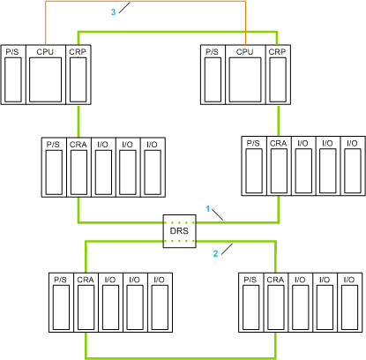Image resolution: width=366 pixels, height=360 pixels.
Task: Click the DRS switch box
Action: pyautogui.click(x=179, y=231)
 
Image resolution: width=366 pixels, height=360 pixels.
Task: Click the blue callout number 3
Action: pyautogui.click(x=113, y=12)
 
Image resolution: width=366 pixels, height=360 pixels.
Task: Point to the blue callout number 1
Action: pyautogui.click(x=208, y=209)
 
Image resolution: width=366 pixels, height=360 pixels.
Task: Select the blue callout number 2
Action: pyautogui.click(x=215, y=253)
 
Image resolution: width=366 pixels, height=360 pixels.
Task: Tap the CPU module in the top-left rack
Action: pyautogui.click(x=46, y=75)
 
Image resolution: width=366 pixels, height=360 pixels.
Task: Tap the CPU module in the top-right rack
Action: pyautogui.click(x=245, y=75)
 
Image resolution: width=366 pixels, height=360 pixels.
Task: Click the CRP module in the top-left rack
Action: pyautogui.click(x=78, y=75)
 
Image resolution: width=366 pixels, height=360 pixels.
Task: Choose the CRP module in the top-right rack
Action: pyautogui.click(x=278, y=75)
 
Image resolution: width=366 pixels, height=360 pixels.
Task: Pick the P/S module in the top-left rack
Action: pyautogui.click(x=13, y=75)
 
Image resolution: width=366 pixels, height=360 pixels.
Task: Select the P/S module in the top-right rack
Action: pyautogui.click(x=213, y=75)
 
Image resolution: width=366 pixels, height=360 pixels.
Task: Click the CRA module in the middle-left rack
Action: pyautogui.click(x=78, y=168)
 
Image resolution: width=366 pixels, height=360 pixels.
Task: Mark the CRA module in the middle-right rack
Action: pyautogui.click(x=279, y=166)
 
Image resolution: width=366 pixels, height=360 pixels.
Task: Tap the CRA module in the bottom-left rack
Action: pyautogui.click(x=86, y=303)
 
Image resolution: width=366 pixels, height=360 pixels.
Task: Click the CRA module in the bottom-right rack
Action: pyautogui.click(x=276, y=303)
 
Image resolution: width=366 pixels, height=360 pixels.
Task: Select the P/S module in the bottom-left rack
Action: pyautogui.click(x=61, y=303)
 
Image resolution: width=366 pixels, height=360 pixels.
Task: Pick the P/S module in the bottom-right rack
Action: pyautogui.click(x=251, y=303)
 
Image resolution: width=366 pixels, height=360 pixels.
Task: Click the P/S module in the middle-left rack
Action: pyautogui.click(x=54, y=168)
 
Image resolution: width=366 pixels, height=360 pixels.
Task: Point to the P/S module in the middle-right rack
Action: pyautogui.click(x=254, y=166)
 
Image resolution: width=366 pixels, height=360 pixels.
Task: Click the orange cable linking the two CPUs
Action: pyautogui.click(x=146, y=1)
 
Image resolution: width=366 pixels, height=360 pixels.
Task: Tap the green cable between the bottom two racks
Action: pyautogui.click(x=181, y=358)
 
